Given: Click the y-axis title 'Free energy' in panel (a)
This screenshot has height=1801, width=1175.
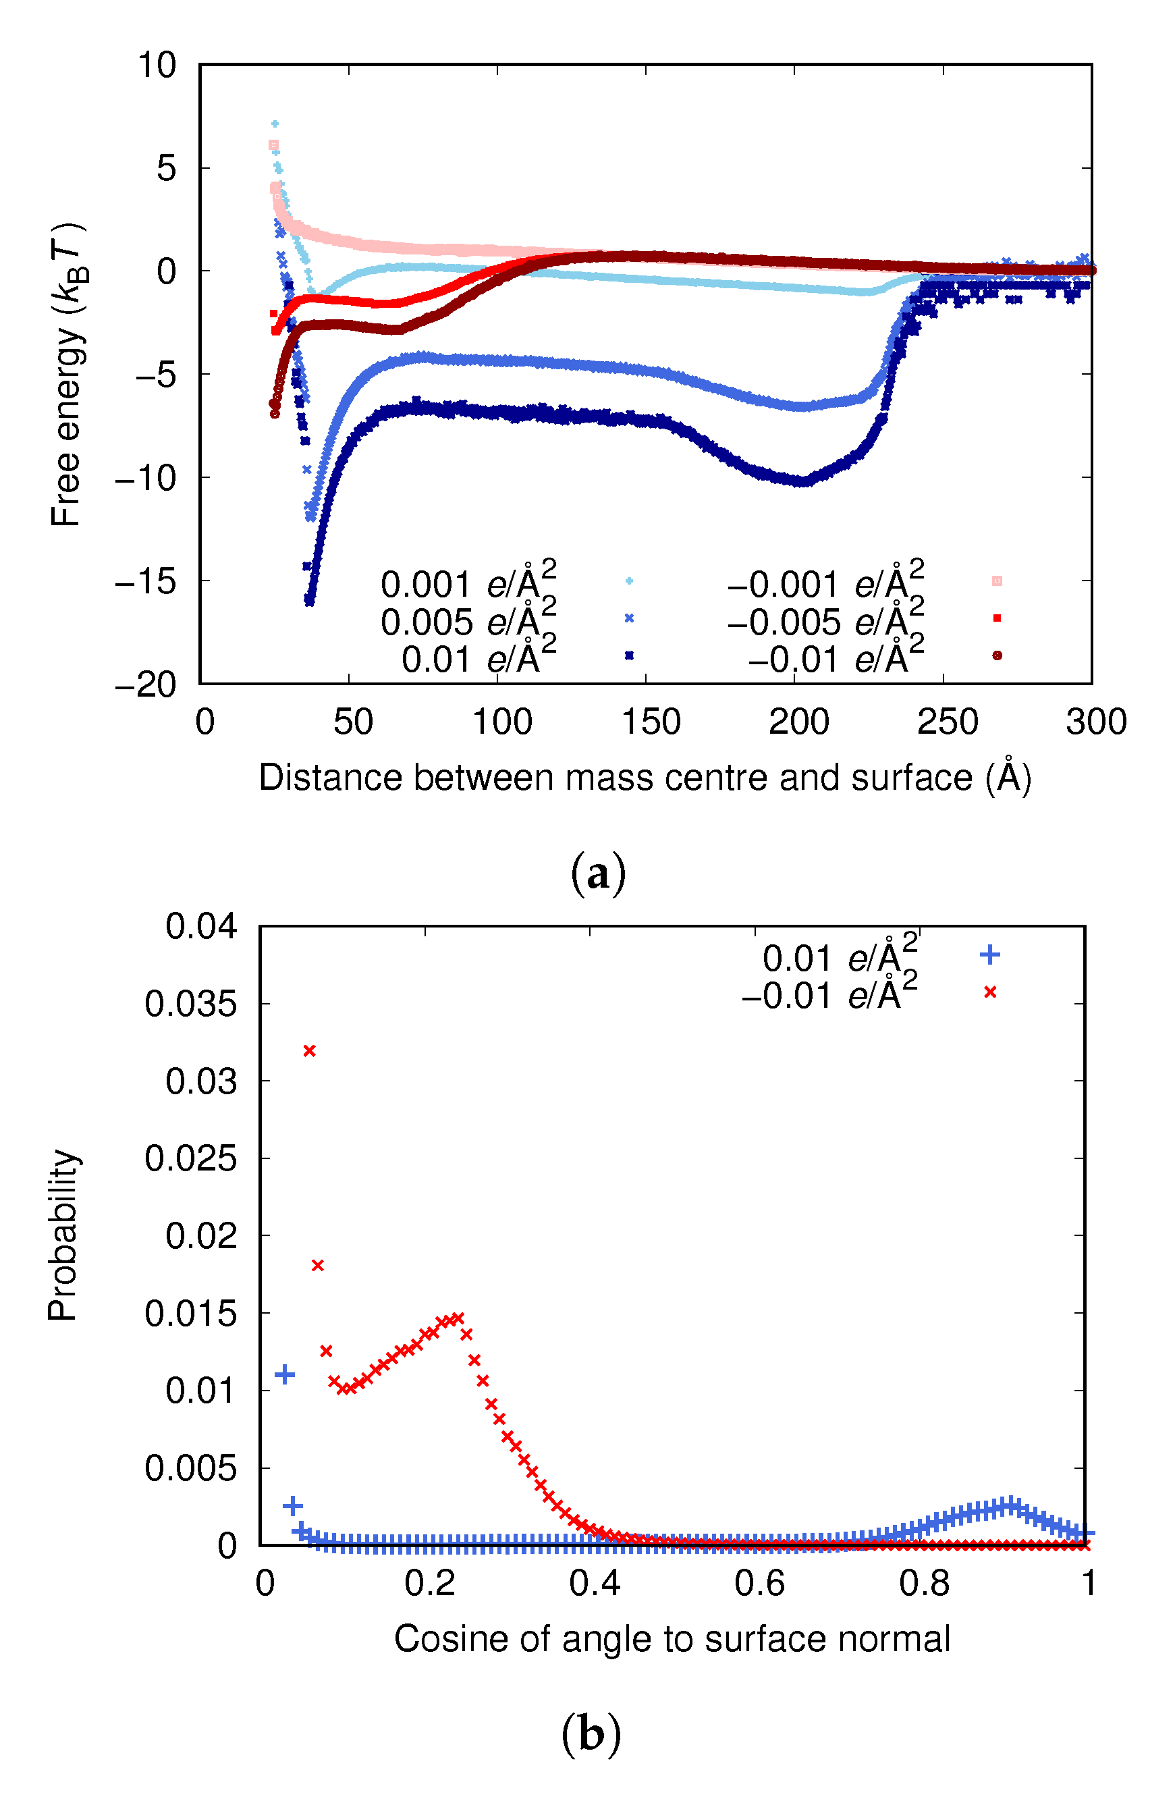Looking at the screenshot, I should click(x=66, y=376).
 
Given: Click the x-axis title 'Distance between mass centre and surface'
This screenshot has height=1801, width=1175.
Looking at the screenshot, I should click(x=645, y=777).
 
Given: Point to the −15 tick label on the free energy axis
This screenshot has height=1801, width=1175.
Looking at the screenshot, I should click(x=145, y=581).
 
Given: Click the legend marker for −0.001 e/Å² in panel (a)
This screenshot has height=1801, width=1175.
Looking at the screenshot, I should click(x=996, y=581).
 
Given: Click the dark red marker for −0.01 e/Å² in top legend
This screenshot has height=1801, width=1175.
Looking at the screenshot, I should click(x=996, y=655).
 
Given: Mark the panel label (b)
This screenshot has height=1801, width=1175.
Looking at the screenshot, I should click(x=591, y=1733).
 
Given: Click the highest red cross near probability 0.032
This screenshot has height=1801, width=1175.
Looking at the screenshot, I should click(x=308, y=1051).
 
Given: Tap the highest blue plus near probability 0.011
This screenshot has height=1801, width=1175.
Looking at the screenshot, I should click(x=285, y=1375).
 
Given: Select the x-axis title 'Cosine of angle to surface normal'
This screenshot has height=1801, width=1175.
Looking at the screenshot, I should click(x=672, y=1639).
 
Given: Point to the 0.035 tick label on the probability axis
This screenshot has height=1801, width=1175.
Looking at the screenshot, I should click(x=191, y=1004).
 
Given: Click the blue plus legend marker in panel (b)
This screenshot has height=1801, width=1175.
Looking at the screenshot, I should click(x=989, y=955).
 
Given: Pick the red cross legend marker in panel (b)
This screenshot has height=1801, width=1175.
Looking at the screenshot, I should click(x=989, y=992).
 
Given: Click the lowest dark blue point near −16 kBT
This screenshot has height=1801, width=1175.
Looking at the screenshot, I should click(x=308, y=601).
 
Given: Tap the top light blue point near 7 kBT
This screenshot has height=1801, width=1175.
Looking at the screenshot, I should click(x=275, y=124).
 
